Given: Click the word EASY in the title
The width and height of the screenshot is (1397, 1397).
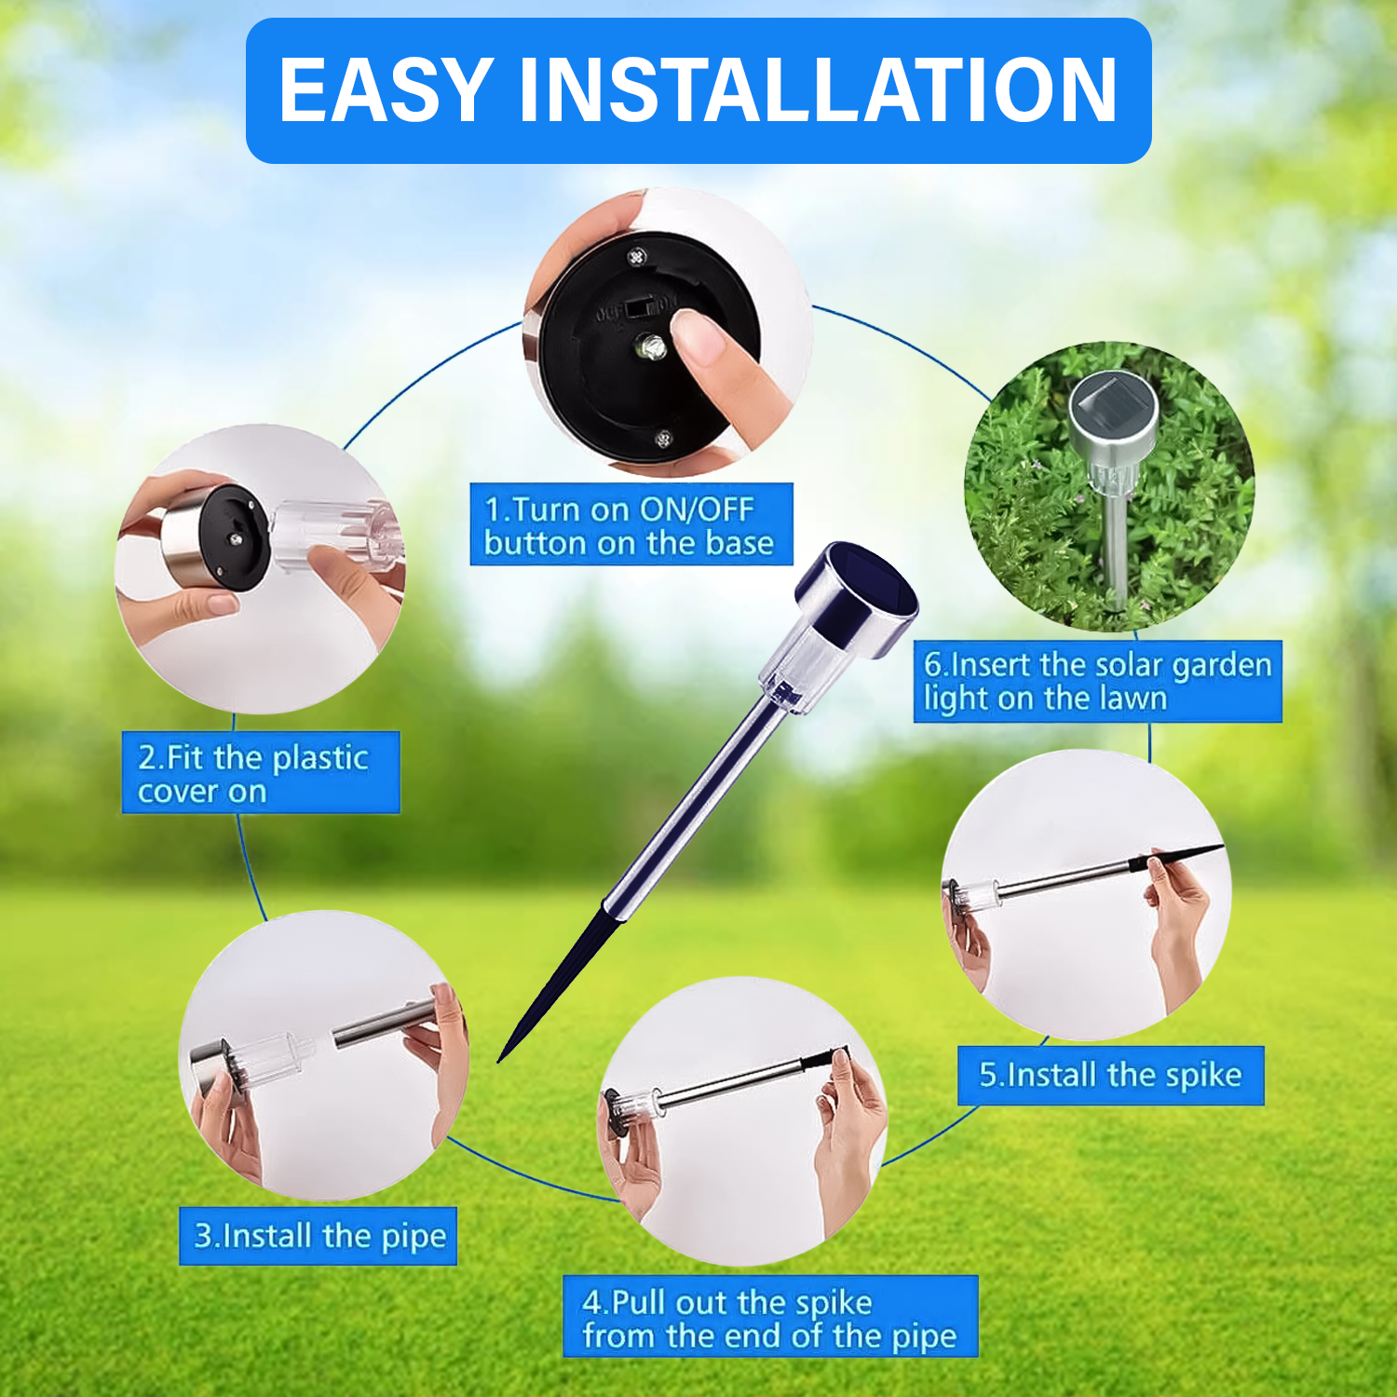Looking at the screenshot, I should coord(386,90).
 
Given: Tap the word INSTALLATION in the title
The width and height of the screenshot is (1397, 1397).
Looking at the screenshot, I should coord(818,90).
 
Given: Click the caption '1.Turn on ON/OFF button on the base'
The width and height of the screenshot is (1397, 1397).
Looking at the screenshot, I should coord(631,525).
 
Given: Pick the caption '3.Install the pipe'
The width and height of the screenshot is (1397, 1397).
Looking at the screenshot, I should coord(319,1237).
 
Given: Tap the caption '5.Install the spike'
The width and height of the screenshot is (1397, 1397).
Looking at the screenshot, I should coord(1110,1076).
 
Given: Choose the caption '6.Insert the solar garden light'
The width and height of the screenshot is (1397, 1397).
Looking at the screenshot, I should coord(1097,682).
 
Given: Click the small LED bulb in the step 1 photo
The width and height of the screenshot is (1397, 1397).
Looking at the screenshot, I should coord(649,348).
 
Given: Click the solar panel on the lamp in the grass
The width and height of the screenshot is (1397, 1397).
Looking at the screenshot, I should coord(1114,400).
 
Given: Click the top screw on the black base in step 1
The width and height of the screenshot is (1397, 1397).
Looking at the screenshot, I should coord(637,256).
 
